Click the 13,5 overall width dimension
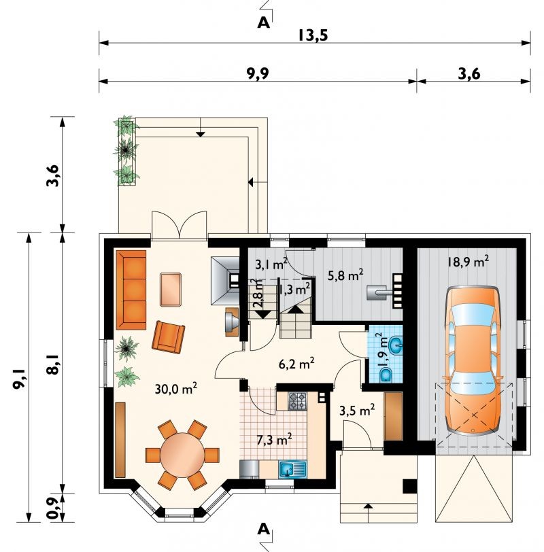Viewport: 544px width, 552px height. point(313,35)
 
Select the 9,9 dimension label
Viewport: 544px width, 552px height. point(258,73)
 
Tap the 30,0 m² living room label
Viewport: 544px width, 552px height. point(175,388)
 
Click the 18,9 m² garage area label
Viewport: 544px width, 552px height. point(468,262)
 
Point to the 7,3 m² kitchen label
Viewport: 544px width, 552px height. point(274,439)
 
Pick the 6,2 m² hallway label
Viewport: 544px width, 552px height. point(296,364)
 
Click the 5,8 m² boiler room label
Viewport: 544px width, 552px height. point(345,275)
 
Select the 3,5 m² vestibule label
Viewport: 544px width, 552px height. point(357,410)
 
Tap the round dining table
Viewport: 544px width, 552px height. point(182,455)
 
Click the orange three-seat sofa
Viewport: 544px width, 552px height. point(131,290)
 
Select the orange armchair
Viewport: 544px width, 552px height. point(169,337)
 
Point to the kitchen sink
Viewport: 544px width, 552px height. point(292,469)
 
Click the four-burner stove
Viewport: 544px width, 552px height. point(298,401)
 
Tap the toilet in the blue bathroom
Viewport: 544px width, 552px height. point(386,375)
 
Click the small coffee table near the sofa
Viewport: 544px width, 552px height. point(171,290)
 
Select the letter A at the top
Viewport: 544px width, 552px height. point(263,23)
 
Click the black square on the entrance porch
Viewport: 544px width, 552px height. point(410,487)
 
